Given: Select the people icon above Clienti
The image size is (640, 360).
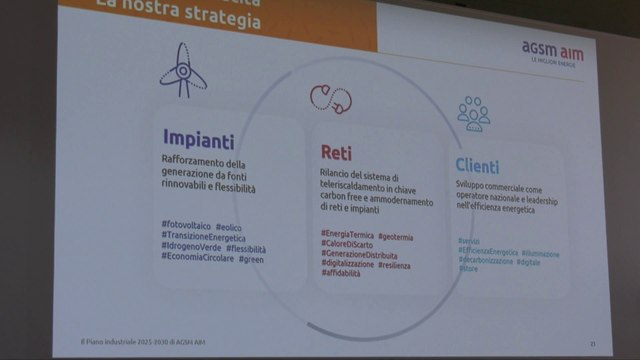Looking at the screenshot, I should (x=473, y=113).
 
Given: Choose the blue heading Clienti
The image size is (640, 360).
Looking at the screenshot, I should (x=477, y=166).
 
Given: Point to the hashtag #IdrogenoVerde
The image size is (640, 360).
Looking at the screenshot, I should (x=191, y=248).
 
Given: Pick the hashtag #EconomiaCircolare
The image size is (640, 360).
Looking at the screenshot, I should (x=198, y=260).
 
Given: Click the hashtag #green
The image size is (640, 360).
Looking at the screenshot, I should (x=250, y=260).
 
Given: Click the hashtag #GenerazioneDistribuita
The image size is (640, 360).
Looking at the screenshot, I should (x=358, y=256).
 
